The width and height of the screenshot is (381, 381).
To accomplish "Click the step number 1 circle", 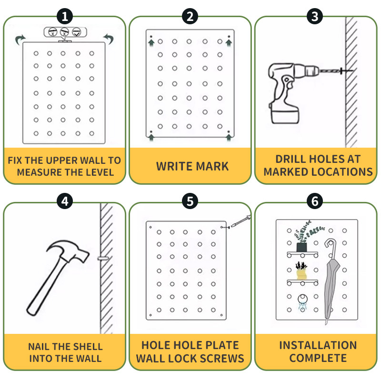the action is [65, 17].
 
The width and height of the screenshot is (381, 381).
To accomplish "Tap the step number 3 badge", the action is [315, 17].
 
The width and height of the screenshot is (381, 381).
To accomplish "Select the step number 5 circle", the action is [190, 201].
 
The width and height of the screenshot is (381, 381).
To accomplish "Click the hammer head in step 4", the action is [68, 251].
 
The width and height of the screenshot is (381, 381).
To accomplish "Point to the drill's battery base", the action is [285, 116].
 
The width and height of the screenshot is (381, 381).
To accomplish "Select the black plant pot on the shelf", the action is [301, 247].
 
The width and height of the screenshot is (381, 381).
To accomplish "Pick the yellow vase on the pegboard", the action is [301, 274].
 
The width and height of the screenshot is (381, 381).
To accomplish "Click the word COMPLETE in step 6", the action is [318, 358].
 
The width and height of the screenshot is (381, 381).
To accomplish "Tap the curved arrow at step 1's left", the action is [20, 40].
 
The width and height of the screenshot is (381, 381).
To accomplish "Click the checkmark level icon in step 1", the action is [76, 32].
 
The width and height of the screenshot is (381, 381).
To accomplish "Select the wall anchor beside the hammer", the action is [103, 258].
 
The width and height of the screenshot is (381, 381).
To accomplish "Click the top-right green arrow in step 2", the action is [229, 43].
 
